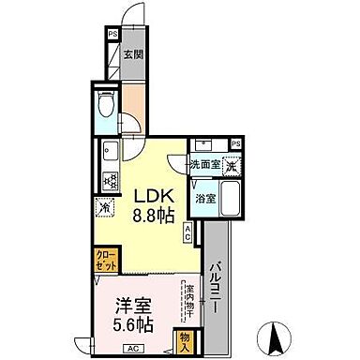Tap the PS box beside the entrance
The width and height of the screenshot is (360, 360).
point(112,36)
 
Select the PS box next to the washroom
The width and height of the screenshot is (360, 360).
point(236,143)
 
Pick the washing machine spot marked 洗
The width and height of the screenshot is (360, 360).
point(231,163)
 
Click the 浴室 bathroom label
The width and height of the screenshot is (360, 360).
point(204,198)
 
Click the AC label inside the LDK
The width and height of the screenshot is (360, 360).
point(188,233)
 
